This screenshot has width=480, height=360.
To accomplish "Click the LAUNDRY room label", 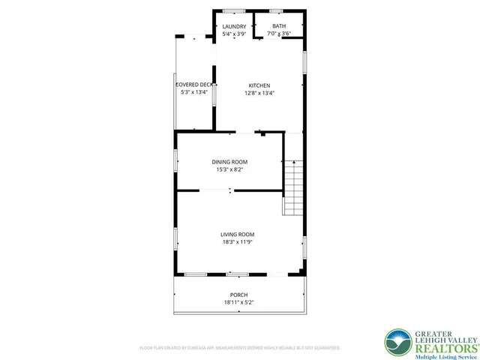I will coord(234,26).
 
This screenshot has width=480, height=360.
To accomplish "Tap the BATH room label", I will coord(279,26).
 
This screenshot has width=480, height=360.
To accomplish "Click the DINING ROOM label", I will coord(229,162).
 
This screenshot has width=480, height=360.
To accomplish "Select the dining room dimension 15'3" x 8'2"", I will coord(229,170).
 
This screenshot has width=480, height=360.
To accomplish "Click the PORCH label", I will coord(238,295).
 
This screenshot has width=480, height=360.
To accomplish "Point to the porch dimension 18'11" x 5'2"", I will coord(238,302).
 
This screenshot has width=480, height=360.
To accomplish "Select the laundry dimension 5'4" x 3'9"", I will coord(234,34).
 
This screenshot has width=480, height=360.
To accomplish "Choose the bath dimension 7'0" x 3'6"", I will coord(279,34).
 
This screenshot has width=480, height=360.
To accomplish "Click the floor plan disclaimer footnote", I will coord(239,348).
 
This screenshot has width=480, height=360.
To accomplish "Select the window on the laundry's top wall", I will coord(233,10).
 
